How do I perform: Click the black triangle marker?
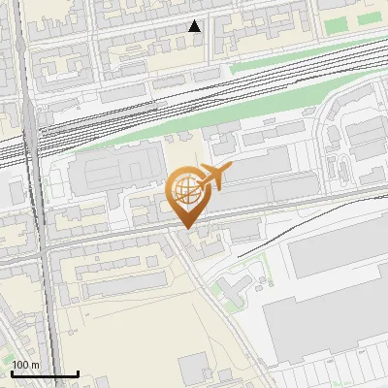[195, 26]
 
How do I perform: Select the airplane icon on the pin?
[213, 177]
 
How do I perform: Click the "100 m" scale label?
[26, 365]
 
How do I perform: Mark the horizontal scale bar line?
[45, 373]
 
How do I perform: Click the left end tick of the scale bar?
[12, 372]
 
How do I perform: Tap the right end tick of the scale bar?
[78, 372]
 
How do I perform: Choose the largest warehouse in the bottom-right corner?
[330, 310]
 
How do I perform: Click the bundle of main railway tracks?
[194, 97]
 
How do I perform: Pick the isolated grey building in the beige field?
[193, 367]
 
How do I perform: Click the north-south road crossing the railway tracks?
[34, 145]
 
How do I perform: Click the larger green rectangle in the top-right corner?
[339, 24]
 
